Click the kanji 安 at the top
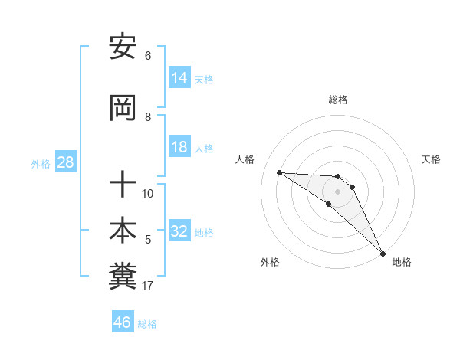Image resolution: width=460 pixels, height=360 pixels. [x=123, y=48]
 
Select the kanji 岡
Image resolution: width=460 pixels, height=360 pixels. [x=123, y=110]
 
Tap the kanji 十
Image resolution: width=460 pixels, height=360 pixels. [x=123, y=185]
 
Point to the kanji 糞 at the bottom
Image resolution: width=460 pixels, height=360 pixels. [x=123, y=277]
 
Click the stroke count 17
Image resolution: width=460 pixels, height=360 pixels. [x=148, y=286]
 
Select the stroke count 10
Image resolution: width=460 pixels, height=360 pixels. [x=148, y=194]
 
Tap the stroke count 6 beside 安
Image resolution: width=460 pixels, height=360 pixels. [x=148, y=56]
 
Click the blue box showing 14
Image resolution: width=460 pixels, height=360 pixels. [x=179, y=78]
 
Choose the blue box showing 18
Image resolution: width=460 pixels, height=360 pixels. [x=179, y=147]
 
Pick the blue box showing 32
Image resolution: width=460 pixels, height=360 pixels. [x=179, y=231]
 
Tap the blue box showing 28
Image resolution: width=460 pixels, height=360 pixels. [x=65, y=162]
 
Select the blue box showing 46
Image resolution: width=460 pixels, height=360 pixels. [x=123, y=322]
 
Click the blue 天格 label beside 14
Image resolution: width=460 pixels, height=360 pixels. [x=204, y=79]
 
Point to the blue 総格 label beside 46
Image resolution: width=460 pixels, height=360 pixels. [x=147, y=323]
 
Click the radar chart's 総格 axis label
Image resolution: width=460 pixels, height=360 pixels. [x=338, y=100]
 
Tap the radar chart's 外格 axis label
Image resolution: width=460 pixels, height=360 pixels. [x=270, y=262]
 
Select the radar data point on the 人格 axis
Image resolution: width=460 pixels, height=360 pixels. [x=279, y=172]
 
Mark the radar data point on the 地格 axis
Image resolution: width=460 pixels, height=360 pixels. [x=383, y=252]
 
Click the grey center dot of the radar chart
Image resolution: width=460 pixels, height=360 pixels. [x=338, y=191]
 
